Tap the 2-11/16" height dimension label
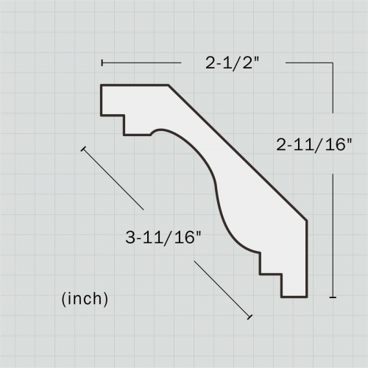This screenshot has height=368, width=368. (315, 145)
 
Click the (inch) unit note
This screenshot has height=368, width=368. (85, 299)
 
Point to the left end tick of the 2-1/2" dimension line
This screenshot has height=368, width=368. (102, 63)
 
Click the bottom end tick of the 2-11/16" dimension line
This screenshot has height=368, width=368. (333, 297)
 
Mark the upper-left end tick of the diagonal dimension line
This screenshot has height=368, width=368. (84, 149)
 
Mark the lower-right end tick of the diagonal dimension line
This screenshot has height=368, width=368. (250, 317)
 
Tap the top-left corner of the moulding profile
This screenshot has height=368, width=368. (102, 86)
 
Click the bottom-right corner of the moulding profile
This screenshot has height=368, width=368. (305, 297)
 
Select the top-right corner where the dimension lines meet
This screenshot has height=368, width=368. (333, 63)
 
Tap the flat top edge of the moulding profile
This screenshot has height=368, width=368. (135, 85)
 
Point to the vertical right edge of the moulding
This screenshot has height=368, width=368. (305, 258)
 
